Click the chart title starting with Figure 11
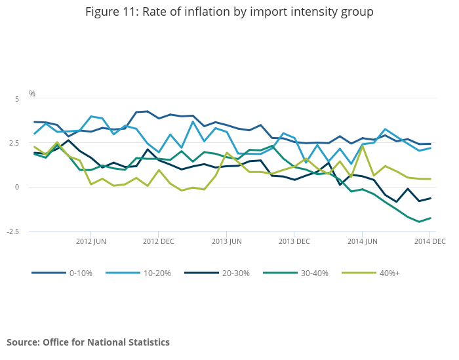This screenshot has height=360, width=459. (x=229, y=12)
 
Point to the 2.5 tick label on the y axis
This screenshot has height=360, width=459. (x=16, y=143)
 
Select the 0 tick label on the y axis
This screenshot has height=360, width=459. (x=18, y=188)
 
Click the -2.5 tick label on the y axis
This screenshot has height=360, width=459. (x=14, y=231)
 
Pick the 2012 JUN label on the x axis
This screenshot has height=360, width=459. (x=90, y=241)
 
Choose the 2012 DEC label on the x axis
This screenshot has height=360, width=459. (x=158, y=241)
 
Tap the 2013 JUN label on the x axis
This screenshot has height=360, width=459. (x=226, y=241)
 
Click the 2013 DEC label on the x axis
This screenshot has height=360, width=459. (x=294, y=241)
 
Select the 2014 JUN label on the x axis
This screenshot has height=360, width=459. (x=362, y=241)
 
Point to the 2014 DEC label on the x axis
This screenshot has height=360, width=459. (x=429, y=241)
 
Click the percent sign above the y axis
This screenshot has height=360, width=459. (x=32, y=94)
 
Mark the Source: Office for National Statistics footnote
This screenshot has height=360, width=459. (x=88, y=342)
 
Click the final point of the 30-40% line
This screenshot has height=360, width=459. (x=431, y=218)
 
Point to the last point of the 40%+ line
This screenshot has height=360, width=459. (x=431, y=179)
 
